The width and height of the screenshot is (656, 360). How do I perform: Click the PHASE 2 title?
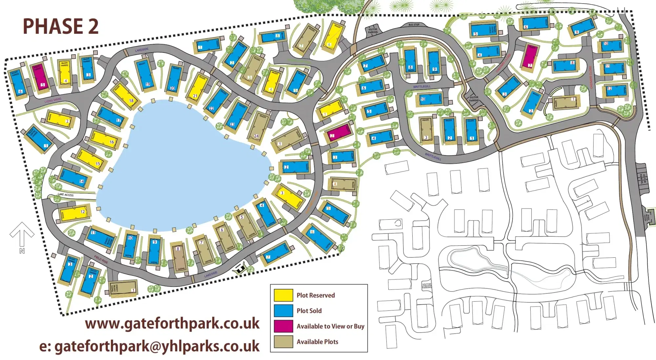coord(61,26)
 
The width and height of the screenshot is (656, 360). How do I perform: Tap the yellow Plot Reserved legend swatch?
coord(283,295)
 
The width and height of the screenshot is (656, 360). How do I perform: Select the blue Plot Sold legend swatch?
coord(283,310)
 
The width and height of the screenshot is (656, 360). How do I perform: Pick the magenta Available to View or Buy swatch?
coord(283,326)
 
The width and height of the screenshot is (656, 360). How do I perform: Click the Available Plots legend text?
coord(317,342)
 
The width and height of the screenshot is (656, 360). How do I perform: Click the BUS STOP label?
coord(414,25)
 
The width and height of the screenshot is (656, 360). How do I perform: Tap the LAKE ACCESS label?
coord(66,195)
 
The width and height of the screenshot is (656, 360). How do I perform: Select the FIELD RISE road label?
coord(101,259)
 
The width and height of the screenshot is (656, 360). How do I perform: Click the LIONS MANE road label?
coord(53,100)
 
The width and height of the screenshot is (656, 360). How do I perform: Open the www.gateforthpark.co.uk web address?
coord(172,324)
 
